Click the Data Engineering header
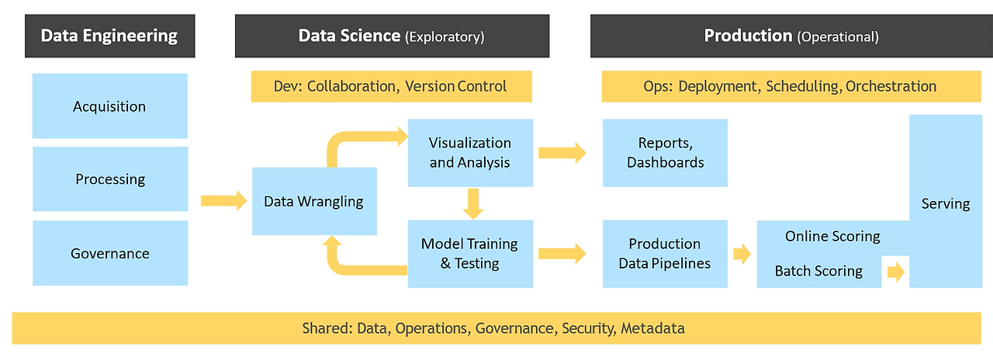pos(109,36)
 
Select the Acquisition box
pos(109,106)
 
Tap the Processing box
pos(109,179)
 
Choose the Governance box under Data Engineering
pos(109,254)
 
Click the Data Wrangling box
pos(314,202)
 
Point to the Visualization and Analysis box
pos(470,153)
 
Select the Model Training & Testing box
pos(470,254)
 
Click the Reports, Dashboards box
pos(665,153)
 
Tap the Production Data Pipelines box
pos(665,254)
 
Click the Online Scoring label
pos(832,236)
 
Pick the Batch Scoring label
pos(818,271)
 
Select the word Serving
pos(946,204)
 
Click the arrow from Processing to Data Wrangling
pos(219,202)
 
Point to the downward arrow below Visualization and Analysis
pos(471,203)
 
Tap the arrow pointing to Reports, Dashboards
pos(562,153)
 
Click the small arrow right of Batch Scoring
pos(896,272)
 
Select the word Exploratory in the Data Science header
pos(445,36)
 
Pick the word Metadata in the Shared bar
pos(652,328)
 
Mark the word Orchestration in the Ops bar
pos(891,86)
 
